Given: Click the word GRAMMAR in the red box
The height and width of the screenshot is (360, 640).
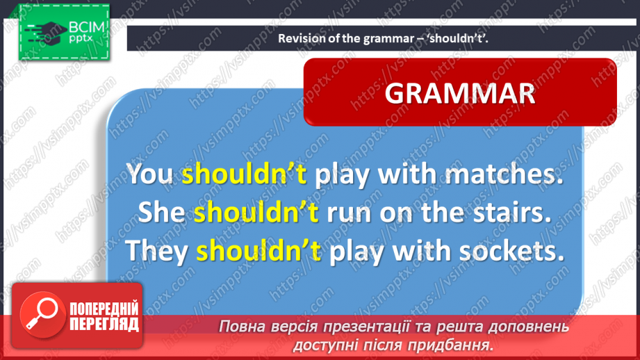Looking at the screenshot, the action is (460, 94).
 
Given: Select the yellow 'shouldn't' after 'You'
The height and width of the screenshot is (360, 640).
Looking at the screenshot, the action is (244, 174).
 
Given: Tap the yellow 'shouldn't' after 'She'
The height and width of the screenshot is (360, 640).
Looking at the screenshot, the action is (256, 212).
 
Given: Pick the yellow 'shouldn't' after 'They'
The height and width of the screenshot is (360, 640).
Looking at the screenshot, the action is (259, 250).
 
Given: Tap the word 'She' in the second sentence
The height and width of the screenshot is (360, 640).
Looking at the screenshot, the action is (161, 212).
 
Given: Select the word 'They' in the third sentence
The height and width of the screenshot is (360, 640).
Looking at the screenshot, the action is (156, 251).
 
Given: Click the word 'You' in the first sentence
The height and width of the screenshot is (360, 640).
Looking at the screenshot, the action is (149, 174).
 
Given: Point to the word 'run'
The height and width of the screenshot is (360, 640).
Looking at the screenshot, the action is (349, 214).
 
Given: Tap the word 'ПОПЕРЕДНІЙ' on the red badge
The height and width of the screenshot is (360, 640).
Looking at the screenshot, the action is (104, 309).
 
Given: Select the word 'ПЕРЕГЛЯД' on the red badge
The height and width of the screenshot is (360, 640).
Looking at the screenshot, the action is (104, 325).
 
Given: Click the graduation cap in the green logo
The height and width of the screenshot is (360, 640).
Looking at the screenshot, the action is (49, 31).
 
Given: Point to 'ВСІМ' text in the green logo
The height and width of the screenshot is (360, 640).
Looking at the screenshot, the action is (87, 27).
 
